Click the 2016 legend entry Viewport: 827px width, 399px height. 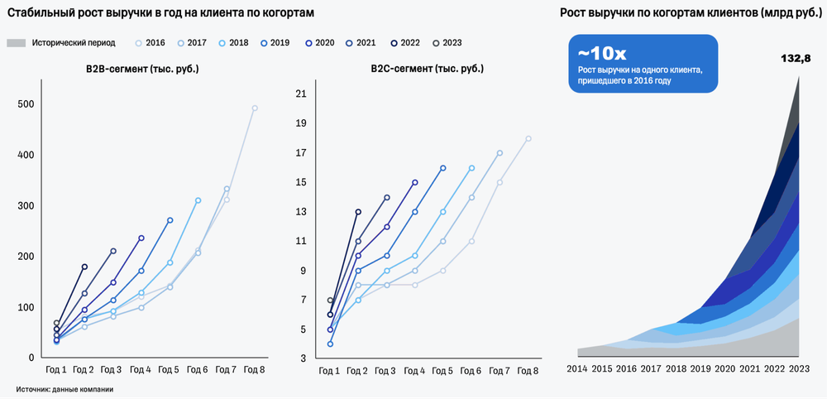click(x=150, y=42)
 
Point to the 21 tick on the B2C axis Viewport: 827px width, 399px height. click(x=300, y=94)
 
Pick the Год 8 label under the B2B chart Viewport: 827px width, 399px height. click(x=254, y=369)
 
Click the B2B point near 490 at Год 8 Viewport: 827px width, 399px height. click(x=255, y=108)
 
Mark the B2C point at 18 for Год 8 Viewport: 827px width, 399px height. click(x=528, y=138)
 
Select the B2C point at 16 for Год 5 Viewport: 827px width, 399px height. click(x=443, y=168)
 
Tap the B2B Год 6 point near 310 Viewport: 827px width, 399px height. click(x=198, y=200)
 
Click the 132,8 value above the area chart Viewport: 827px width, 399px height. click(x=796, y=58)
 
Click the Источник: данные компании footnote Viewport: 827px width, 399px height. click(x=64, y=388)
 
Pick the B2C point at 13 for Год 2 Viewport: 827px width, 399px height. click(x=358, y=212)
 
